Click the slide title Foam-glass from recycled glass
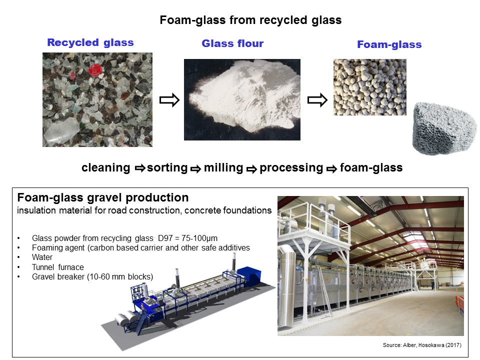point(250,20)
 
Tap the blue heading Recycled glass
point(90,42)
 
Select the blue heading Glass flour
point(232,43)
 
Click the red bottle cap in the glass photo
point(94,70)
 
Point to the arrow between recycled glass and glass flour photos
point(169,100)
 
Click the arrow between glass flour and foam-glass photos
point(317,100)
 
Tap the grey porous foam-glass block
point(444,128)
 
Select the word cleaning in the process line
point(106,168)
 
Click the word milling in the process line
point(223,168)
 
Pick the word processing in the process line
point(291,168)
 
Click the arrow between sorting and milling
point(195,168)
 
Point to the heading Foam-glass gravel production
point(103,198)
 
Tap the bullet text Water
point(42,257)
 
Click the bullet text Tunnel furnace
point(58,267)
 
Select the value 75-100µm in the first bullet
point(199,238)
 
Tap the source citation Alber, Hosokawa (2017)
point(432,345)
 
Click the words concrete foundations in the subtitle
point(228,210)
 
